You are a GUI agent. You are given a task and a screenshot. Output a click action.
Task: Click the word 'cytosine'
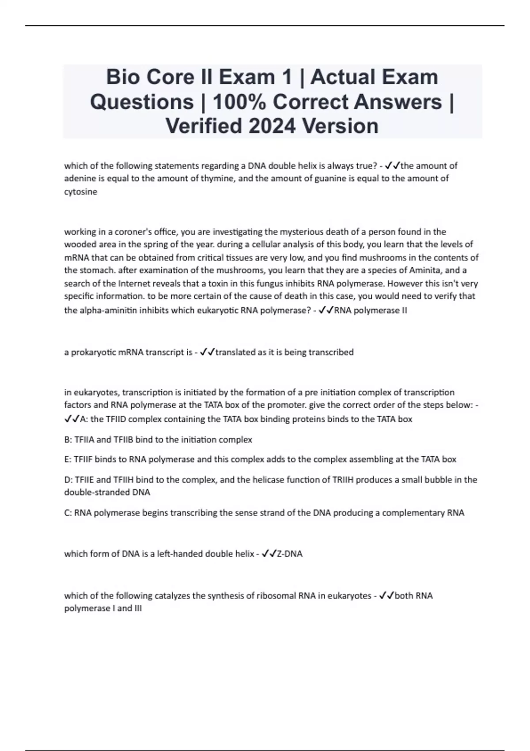pos(81,192)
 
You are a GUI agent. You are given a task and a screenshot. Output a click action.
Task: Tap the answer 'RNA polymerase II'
pos(371,310)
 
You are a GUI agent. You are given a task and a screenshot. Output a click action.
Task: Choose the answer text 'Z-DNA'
pos(289,554)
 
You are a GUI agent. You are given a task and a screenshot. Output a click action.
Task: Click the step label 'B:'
pos(68,440)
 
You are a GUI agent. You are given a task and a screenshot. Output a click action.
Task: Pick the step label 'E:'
pos(68,459)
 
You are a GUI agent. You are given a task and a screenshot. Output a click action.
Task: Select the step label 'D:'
pos(68,479)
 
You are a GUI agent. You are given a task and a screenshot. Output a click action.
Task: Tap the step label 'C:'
pos(68,513)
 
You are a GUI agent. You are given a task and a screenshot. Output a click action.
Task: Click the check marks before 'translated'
pos(207,352)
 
